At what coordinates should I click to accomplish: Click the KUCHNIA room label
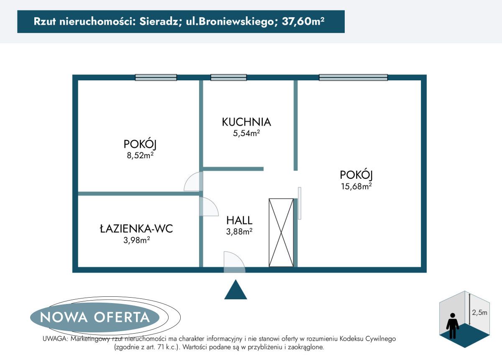[246, 122]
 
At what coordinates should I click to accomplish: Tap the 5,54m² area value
[246, 134]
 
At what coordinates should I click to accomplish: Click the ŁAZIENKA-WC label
[136, 229]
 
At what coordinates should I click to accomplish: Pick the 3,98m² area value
[136, 240]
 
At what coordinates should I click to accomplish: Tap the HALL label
[239, 220]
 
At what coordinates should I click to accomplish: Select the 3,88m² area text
[239, 231]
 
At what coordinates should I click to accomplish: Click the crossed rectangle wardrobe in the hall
[281, 232]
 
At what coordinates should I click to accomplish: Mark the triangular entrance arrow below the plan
[236, 291]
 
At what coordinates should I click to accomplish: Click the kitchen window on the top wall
[228, 77]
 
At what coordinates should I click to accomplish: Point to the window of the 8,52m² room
[156, 77]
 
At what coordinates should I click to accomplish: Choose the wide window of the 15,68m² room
[353, 77]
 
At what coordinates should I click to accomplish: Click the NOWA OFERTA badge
[95, 317]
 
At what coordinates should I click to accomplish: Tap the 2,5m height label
[479, 312]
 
